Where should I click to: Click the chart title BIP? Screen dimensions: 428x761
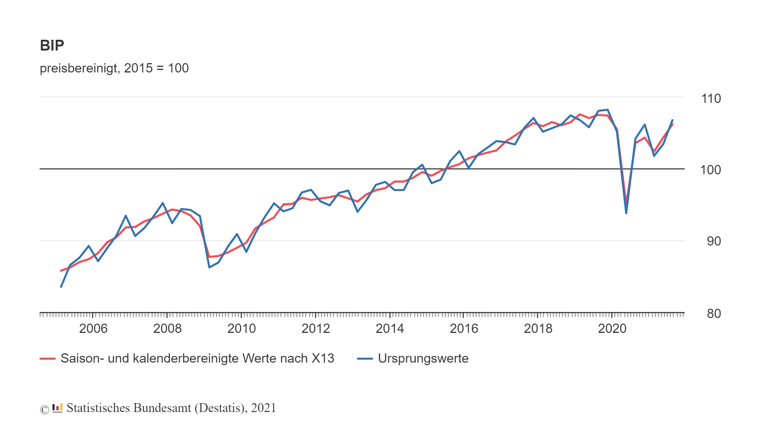tap(52, 45)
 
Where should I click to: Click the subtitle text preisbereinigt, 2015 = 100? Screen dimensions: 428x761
tap(114, 68)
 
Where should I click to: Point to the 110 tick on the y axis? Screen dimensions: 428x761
tap(710, 98)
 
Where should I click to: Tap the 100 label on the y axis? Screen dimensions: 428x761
tap(710, 170)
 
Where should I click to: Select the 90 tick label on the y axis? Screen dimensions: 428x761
tap(713, 241)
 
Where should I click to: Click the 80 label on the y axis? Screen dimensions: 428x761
tap(713, 314)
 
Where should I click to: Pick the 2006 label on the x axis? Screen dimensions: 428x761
tap(93, 328)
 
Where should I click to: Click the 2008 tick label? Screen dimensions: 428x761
tap(167, 328)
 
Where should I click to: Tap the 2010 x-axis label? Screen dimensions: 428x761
tap(242, 328)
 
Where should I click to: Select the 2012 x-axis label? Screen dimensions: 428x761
tap(315, 328)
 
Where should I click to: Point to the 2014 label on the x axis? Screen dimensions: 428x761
tap(390, 328)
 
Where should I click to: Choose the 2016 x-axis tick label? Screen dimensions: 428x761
tap(464, 328)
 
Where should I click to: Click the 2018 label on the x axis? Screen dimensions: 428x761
tap(538, 328)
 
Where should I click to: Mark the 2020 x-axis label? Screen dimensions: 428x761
tap(612, 328)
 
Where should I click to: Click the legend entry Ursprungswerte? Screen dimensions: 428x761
tap(423, 358)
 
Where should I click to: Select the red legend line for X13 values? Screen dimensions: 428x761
tap(48, 359)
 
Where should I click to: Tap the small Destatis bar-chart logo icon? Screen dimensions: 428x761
tap(57, 408)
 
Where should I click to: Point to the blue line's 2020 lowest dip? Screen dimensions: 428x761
tap(626, 213)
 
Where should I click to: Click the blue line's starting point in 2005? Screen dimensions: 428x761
tap(61, 287)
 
